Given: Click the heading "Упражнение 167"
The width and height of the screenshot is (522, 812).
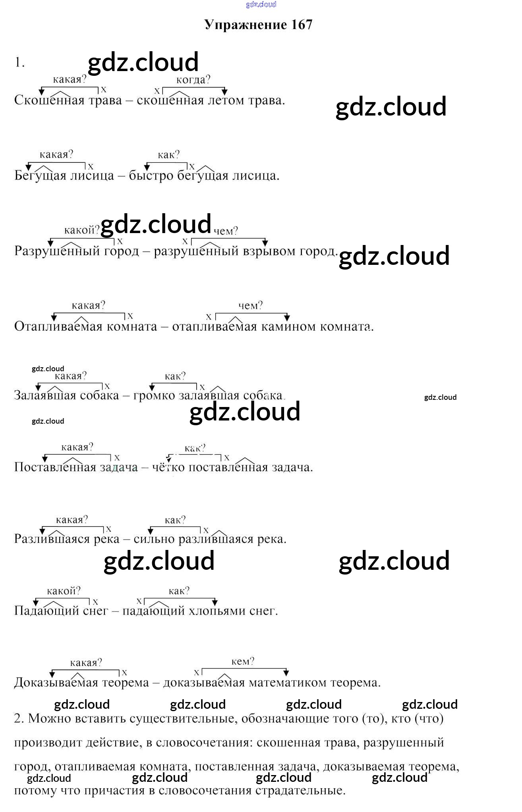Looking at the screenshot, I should (259, 25).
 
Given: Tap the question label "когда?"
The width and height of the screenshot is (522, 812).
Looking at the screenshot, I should (193, 80).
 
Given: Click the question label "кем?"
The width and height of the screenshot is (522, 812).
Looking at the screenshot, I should (243, 662).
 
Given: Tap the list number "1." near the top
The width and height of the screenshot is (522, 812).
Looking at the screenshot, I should (19, 62).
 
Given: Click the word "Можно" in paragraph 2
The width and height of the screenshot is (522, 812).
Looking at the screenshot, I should (50, 718).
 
